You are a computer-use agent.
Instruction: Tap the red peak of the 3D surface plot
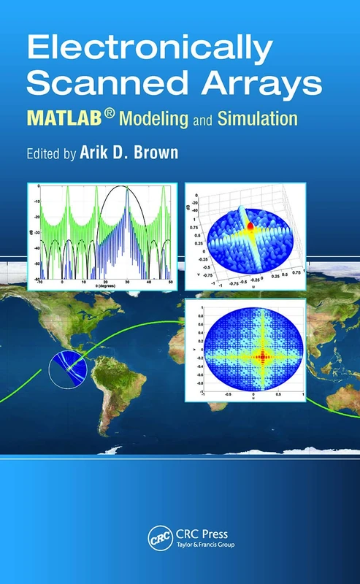pos(251,226)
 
